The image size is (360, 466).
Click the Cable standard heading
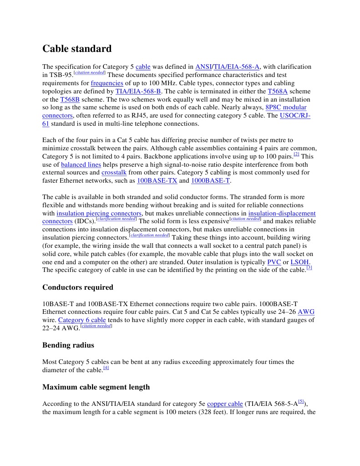click(x=76, y=49)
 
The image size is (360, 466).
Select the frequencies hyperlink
click(x=107, y=83)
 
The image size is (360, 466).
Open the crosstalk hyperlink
click(x=114, y=173)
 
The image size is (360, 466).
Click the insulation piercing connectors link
click(x=99, y=214)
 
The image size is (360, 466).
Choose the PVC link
click(x=274, y=262)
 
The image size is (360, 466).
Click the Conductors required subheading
click(x=78, y=287)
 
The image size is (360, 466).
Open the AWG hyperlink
click(x=306, y=312)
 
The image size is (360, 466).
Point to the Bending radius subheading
click(x=68, y=345)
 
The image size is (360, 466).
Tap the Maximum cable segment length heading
click(x=96, y=387)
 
